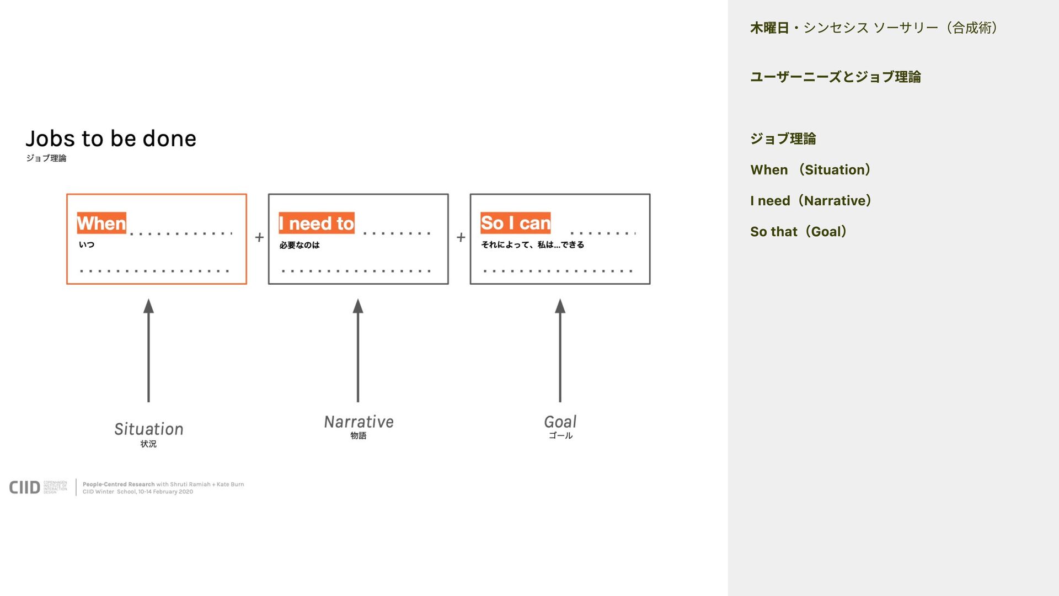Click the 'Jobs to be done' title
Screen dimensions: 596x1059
(111, 139)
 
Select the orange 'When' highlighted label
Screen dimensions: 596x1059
(101, 223)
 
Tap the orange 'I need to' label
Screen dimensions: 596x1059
(317, 223)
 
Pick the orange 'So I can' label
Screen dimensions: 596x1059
(515, 223)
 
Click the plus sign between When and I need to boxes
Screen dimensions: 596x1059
(259, 238)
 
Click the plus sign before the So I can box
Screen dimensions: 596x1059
(461, 238)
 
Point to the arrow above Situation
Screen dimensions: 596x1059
(148, 350)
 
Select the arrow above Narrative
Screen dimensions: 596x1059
(358, 350)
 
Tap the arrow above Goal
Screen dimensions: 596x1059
(560, 350)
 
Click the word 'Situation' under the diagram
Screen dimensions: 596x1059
(149, 429)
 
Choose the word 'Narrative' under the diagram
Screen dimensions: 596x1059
(359, 422)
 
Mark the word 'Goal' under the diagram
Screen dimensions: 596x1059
(560, 422)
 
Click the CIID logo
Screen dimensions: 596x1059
(25, 487)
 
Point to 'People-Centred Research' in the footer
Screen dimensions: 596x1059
(119, 485)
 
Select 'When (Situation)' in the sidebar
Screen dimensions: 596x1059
(810, 170)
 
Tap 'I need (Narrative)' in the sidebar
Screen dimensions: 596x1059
(811, 201)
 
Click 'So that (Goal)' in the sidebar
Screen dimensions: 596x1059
(798, 232)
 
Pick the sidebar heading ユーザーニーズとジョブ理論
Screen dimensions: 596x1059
(835, 77)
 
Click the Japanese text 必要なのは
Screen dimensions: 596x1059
(299, 245)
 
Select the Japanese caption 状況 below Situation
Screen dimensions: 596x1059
(148, 444)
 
